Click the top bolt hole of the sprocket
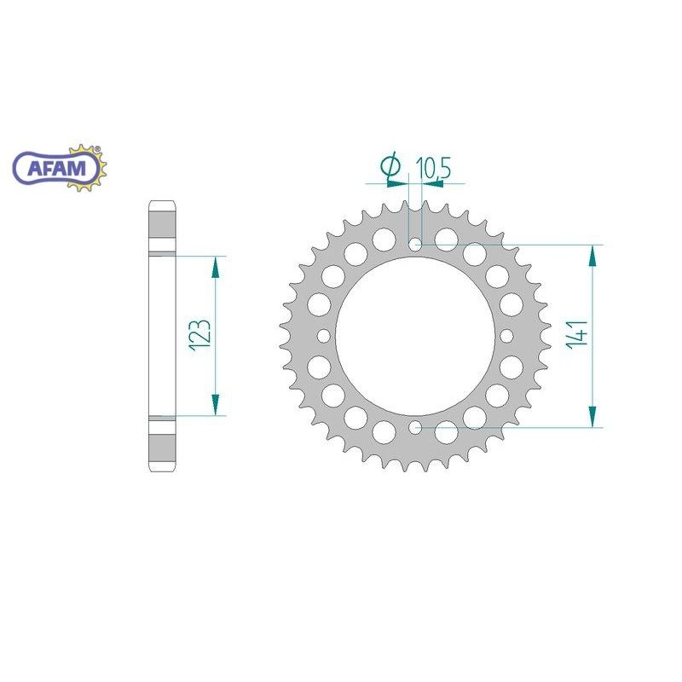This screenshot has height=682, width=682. pyautogui.click(x=414, y=245)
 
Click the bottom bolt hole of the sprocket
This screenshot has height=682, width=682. pyautogui.click(x=414, y=426)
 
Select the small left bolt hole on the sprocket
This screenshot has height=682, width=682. pyautogui.click(x=323, y=336)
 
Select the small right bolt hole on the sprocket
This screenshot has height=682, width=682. pyautogui.click(x=506, y=336)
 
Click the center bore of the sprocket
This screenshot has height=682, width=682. pyautogui.click(x=414, y=336)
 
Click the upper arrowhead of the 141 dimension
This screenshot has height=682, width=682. pyautogui.click(x=591, y=256)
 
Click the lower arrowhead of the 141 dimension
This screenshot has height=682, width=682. pyautogui.click(x=591, y=415)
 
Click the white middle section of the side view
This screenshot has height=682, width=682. pyautogui.click(x=163, y=336)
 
